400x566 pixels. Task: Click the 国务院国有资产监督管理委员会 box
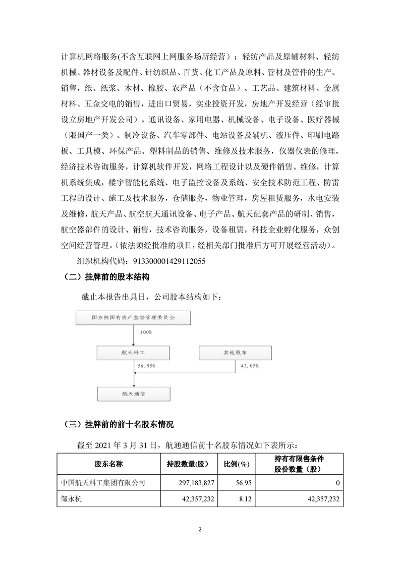pos(133,318)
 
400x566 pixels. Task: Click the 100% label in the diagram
pos(147,332)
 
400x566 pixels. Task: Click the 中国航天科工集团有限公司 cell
pos(102,483)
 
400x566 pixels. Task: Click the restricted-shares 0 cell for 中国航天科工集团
pos(336,483)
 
